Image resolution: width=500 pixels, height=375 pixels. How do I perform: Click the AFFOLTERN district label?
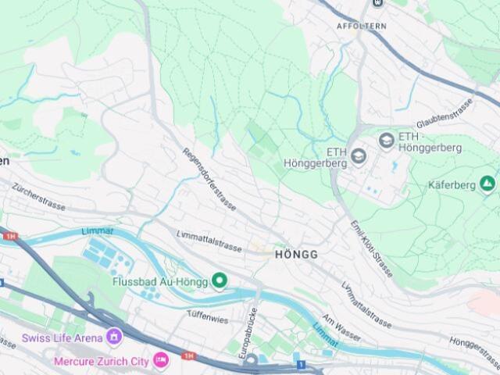(x=361, y=26)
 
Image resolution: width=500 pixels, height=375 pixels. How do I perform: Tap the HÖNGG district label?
(x=296, y=255)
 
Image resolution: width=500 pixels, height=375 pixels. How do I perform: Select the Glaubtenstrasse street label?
(x=445, y=115)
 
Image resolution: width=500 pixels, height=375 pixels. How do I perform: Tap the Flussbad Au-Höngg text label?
(x=161, y=281)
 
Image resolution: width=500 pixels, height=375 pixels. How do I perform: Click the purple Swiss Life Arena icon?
(x=115, y=337)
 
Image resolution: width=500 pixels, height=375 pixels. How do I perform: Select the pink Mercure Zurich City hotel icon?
(x=161, y=361)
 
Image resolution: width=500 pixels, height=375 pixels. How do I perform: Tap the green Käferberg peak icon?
(x=487, y=184)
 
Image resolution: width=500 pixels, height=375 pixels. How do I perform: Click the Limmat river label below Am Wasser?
(x=325, y=335)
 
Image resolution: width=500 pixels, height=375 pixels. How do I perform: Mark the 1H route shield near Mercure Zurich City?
(x=188, y=356)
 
